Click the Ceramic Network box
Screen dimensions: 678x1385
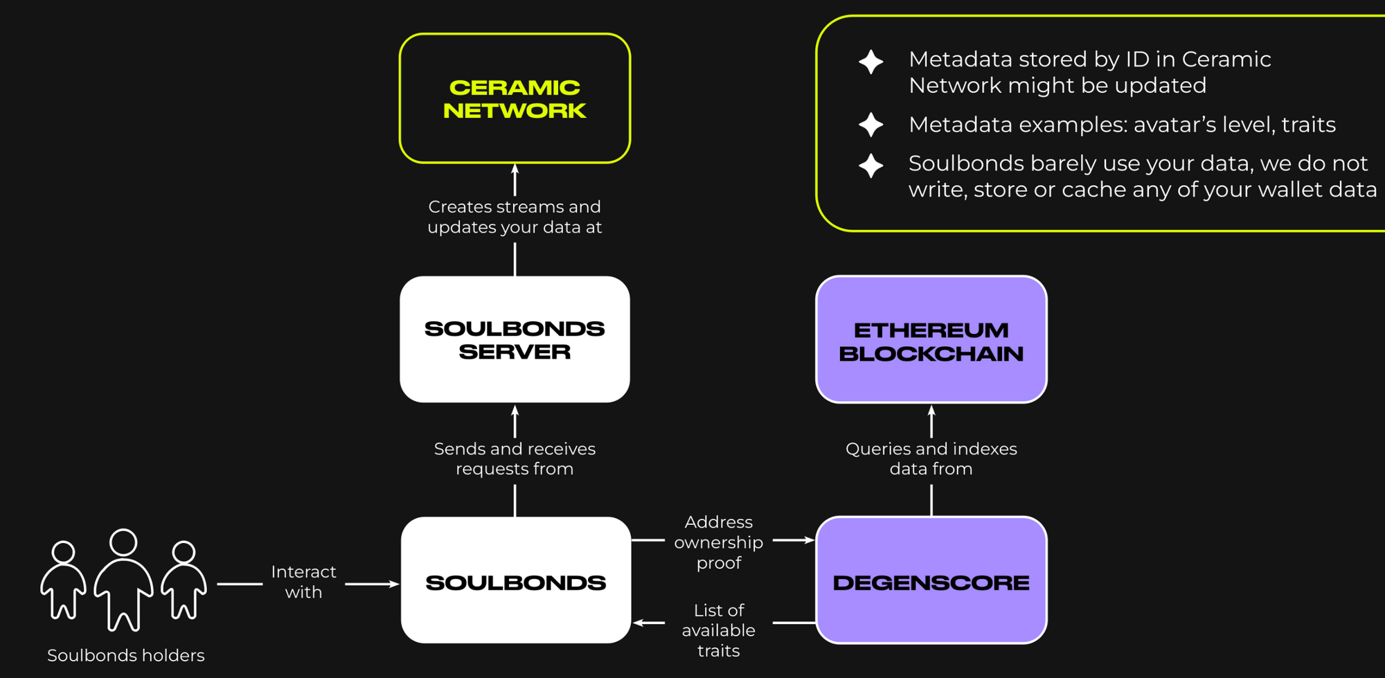(515, 98)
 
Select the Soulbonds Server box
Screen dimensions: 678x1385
(515, 339)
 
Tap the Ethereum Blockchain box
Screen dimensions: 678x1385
(931, 339)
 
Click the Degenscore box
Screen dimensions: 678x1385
(931, 580)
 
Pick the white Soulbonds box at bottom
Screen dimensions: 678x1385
(515, 580)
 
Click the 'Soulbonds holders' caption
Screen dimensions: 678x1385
(125, 655)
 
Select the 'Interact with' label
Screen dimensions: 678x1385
(303, 582)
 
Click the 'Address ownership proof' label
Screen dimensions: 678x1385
(718, 542)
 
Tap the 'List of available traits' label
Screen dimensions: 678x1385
(718, 630)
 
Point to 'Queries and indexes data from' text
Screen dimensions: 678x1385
(931, 458)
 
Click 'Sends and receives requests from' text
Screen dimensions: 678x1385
(515, 458)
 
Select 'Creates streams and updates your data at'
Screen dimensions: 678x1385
(515, 217)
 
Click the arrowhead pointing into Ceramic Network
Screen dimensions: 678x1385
(515, 168)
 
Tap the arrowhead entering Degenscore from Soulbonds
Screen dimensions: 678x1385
(809, 540)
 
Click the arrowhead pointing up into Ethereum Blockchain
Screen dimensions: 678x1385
(931, 410)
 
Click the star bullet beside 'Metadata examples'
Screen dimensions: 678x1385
(870, 125)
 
